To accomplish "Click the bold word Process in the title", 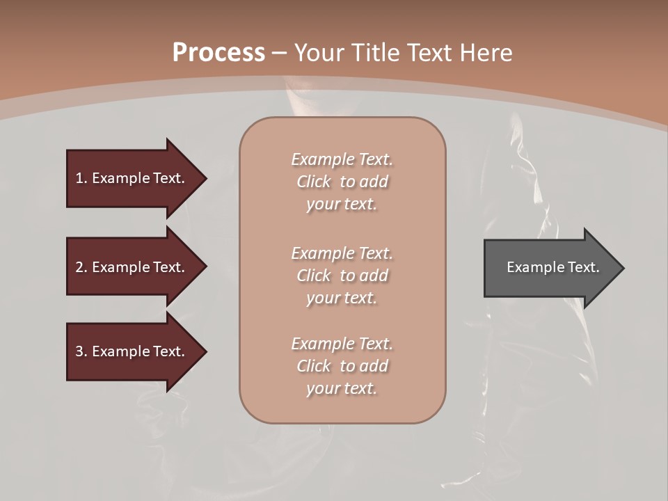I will point(218,52).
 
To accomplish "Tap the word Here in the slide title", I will point(487,52).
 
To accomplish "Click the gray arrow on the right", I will point(550,267).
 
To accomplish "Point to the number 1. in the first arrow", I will point(81,178).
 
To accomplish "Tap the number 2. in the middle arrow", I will point(81,267).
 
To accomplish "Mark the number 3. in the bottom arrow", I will point(81,351).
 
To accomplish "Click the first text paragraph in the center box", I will point(342,182).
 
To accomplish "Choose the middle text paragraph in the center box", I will point(342,275).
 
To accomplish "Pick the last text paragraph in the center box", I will point(342,366).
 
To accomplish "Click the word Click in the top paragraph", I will point(314,182).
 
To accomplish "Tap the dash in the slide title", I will point(280,52).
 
